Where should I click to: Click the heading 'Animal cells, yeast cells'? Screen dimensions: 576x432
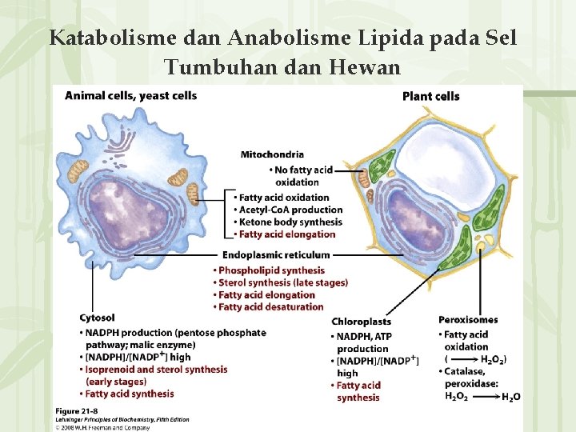[130, 96]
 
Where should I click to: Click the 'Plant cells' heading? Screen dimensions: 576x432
[430, 96]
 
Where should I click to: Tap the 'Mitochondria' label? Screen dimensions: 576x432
[272, 154]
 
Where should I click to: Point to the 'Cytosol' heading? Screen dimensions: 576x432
[97, 318]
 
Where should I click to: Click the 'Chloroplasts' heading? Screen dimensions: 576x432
[361, 322]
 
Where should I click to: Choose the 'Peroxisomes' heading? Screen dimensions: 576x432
[468, 320]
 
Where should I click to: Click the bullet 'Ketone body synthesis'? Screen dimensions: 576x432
[290, 222]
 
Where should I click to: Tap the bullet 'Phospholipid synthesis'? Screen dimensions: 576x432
[271, 270]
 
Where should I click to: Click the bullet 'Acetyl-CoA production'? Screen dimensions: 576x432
[290, 210]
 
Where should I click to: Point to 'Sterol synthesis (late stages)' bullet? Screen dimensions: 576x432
[282, 282]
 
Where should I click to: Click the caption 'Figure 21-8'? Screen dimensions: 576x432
[76, 410]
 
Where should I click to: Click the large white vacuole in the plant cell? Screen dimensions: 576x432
[448, 160]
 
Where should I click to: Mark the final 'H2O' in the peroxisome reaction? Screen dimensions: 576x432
[510, 397]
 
